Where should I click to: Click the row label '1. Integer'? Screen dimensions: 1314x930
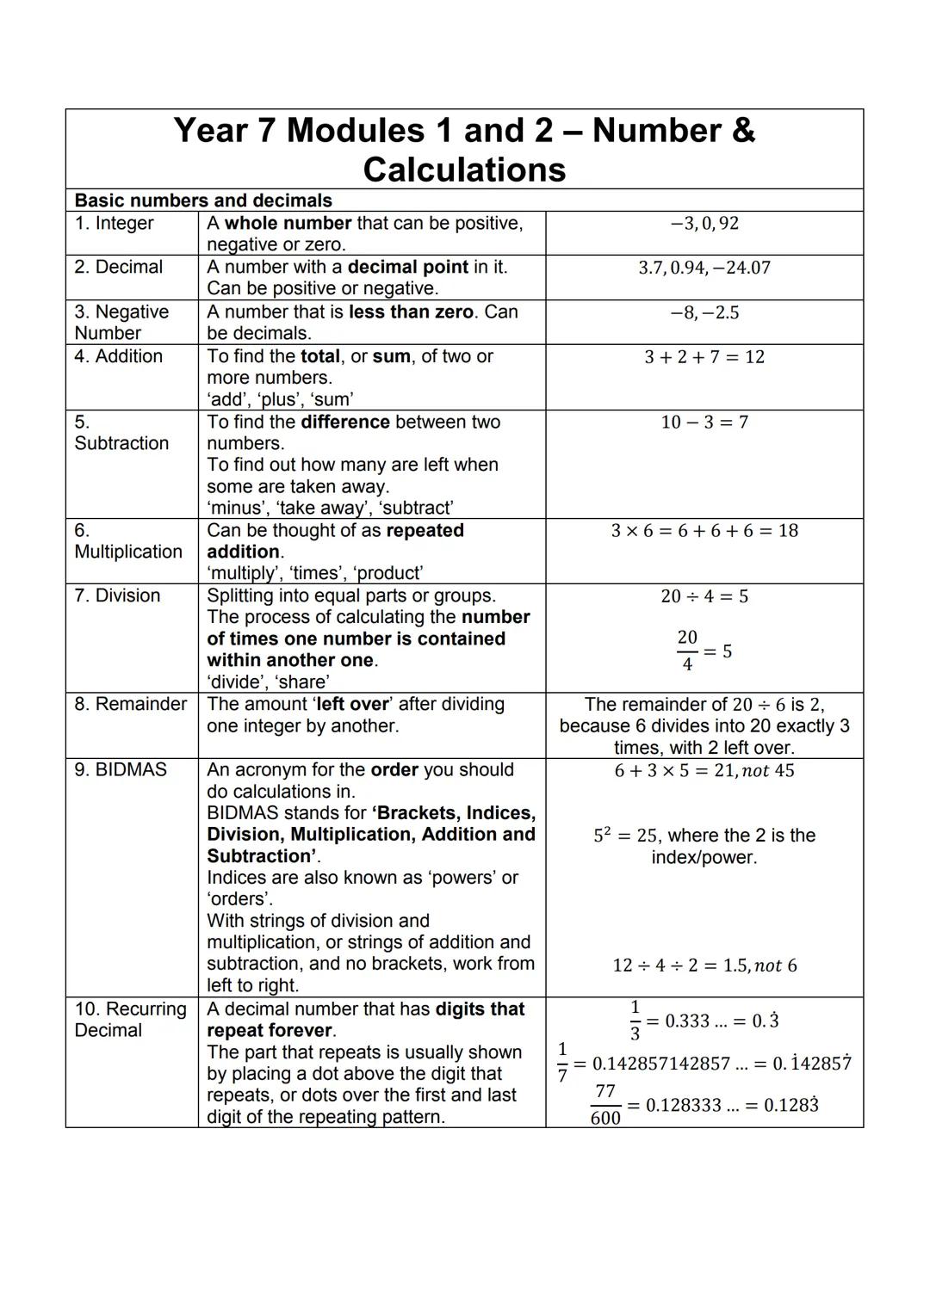tap(114, 224)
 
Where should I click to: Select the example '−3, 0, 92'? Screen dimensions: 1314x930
tap(704, 224)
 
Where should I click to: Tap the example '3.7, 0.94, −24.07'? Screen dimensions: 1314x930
tap(704, 268)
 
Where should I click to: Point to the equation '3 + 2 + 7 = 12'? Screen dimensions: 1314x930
tap(704, 357)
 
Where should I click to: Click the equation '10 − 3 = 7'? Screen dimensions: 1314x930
tap(704, 423)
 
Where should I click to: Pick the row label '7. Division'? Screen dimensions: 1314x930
tap(117, 595)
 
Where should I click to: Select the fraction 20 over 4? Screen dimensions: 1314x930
tap(687, 651)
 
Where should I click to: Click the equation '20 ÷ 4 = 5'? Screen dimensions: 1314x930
tap(704, 596)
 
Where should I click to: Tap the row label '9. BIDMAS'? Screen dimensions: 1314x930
tap(121, 769)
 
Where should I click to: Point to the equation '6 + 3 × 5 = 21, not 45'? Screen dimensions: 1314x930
tap(704, 771)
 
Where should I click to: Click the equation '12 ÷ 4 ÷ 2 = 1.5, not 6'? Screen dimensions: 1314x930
tap(704, 965)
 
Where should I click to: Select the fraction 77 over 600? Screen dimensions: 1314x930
tap(605, 1105)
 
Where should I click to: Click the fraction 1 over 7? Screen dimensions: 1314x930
tap(562, 1063)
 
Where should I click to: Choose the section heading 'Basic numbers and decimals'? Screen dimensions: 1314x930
tap(203, 200)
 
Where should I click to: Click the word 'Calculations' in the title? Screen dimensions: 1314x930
tap(464, 170)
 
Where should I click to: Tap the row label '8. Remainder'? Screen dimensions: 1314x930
tap(130, 704)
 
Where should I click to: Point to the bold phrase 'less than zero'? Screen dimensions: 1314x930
tap(411, 312)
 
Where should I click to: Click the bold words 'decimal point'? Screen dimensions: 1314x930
tap(408, 267)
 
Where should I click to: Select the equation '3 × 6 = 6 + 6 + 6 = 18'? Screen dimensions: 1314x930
tap(704, 531)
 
